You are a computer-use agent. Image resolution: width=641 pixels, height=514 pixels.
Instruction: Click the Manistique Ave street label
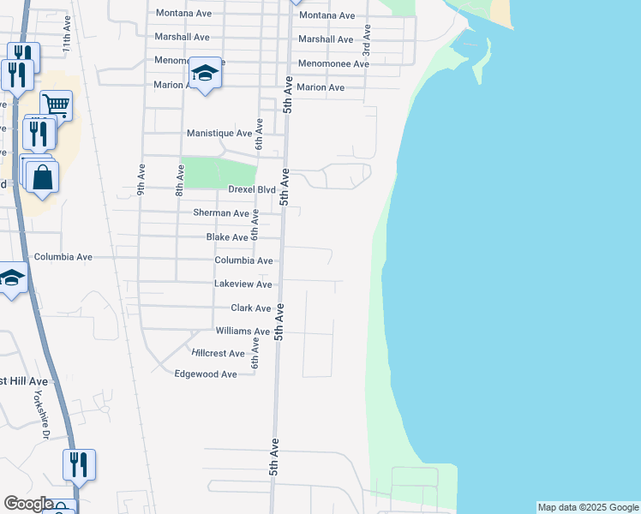click(219, 134)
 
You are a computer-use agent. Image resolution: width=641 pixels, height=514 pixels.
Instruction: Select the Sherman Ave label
click(220, 212)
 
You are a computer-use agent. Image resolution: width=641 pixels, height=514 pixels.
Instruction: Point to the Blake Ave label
click(227, 237)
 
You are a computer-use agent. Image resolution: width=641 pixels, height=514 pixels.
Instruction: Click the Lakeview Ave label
click(243, 284)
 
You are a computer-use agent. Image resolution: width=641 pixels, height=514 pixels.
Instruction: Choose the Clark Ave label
click(250, 308)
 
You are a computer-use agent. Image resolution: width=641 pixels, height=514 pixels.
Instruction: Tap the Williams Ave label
click(243, 331)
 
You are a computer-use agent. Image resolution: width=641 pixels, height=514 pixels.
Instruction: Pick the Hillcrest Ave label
click(218, 353)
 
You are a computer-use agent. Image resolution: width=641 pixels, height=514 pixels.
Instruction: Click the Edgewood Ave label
click(206, 374)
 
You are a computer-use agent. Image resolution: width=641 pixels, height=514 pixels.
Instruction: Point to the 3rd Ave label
click(367, 39)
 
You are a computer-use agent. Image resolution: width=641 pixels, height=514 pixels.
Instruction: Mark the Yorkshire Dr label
click(46, 413)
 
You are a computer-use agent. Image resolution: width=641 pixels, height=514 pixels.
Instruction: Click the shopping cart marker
click(56, 105)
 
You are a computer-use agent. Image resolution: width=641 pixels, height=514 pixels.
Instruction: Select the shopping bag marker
click(41, 177)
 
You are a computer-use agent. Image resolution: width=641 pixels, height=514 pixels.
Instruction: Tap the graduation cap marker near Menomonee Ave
click(206, 74)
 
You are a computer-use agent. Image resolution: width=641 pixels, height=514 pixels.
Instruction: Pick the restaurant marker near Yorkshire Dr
click(79, 465)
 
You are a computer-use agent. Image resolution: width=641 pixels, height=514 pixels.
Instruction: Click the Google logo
click(29, 504)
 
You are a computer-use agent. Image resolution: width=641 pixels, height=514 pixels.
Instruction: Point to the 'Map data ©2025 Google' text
click(588, 507)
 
